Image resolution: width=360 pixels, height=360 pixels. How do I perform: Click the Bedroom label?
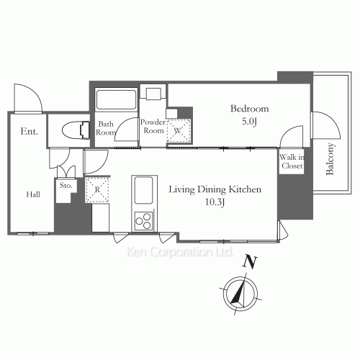[x=250, y=109]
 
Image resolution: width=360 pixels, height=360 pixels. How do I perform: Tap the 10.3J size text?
[x=215, y=202]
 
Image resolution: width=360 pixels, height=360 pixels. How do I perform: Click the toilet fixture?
[x=76, y=130]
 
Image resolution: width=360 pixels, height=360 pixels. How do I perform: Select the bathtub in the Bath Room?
[x=116, y=99]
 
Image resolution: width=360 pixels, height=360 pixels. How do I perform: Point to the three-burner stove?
[x=143, y=221]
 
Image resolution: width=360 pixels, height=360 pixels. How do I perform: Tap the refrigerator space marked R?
[x=97, y=190]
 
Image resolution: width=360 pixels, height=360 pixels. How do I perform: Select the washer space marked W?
[x=179, y=131]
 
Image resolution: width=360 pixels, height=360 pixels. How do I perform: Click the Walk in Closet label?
[x=292, y=161]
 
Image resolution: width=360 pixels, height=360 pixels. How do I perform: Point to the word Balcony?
[x=330, y=158]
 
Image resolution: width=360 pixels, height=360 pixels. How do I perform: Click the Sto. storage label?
[x=66, y=186]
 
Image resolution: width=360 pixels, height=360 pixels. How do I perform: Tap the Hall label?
[x=33, y=194]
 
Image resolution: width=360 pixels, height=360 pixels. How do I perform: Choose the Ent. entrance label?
[x=29, y=131]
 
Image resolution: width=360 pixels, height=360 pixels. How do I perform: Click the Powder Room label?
[x=153, y=126]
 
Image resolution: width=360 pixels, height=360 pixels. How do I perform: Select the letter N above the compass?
[x=250, y=262]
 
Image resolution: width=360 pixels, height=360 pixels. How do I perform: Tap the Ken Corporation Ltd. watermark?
[x=179, y=252]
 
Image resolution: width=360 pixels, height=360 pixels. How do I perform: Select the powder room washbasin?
[x=153, y=94]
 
